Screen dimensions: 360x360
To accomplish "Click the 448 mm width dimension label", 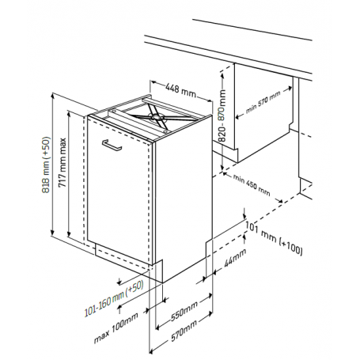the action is click(181, 90).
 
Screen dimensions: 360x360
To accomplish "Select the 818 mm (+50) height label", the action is click(46, 165).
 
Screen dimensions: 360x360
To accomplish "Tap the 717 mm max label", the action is click(63, 162).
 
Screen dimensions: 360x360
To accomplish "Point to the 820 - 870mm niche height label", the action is click(222, 116).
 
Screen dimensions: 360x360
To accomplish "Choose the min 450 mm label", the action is click(252, 185).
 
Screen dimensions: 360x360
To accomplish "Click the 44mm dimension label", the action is click(235, 258).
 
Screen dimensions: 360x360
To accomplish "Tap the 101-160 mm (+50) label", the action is click(114, 298).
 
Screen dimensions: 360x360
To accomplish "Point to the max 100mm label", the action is click(116, 328).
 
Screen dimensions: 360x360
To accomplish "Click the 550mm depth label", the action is click(184, 311).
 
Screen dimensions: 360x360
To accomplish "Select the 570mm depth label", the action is click(184, 331).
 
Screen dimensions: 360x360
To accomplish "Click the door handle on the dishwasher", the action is click(112, 146).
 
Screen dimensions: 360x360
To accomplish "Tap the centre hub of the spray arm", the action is click(154, 117).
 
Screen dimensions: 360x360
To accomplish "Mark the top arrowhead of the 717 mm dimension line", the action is click(69, 114).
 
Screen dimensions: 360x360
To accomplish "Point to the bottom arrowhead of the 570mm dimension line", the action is click(152, 351).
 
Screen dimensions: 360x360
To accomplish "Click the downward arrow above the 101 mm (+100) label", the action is click(244, 213).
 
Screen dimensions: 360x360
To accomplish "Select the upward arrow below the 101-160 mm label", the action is click(119, 309).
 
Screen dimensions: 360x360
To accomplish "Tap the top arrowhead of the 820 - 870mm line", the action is click(222, 76).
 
